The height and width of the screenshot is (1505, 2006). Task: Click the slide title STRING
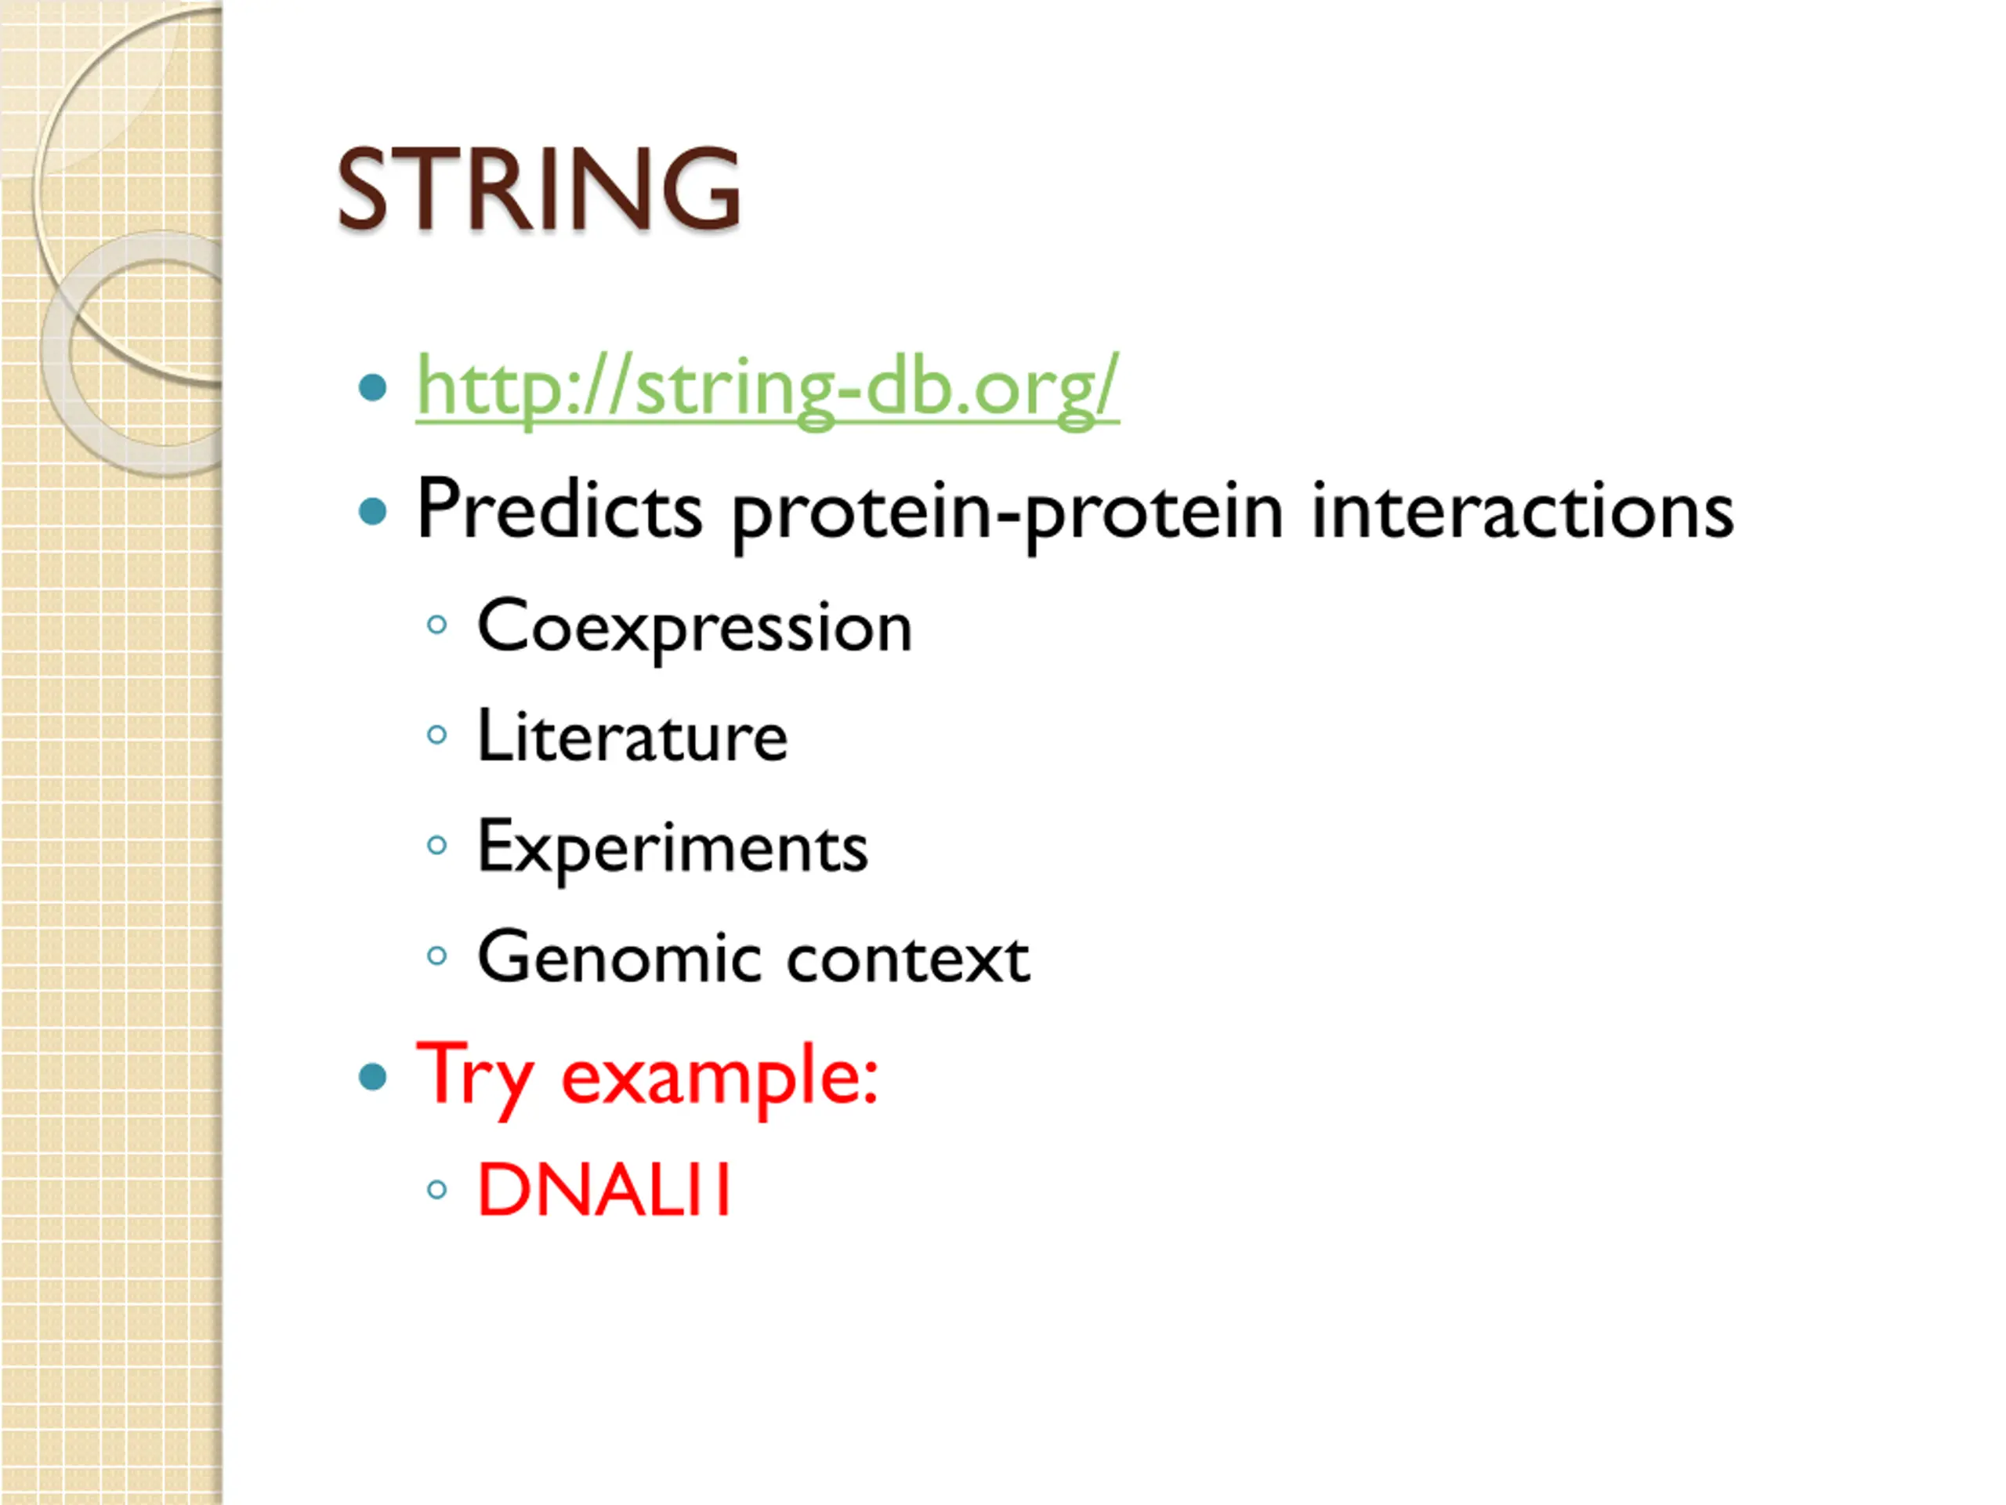pyautogui.click(x=538, y=189)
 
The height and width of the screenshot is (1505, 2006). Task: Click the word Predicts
pyautogui.click(x=559, y=510)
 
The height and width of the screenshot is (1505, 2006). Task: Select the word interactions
pyautogui.click(x=1522, y=510)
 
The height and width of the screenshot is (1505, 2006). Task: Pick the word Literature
pyautogui.click(x=632, y=736)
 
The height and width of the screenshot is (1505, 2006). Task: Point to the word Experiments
pyautogui.click(x=672, y=848)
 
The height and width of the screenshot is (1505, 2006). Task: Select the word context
pyautogui.click(x=907, y=959)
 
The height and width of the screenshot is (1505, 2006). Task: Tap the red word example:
pyautogui.click(x=720, y=1079)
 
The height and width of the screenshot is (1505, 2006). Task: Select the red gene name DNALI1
pyautogui.click(x=604, y=1189)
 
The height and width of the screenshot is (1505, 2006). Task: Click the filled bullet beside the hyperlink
pyautogui.click(x=373, y=387)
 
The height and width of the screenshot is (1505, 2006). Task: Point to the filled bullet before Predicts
pyautogui.click(x=373, y=512)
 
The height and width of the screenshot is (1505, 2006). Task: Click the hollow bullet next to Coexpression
pyautogui.click(x=436, y=624)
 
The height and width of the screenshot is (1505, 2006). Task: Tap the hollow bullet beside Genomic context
pyautogui.click(x=436, y=956)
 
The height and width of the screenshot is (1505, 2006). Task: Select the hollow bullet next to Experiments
pyautogui.click(x=436, y=846)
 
